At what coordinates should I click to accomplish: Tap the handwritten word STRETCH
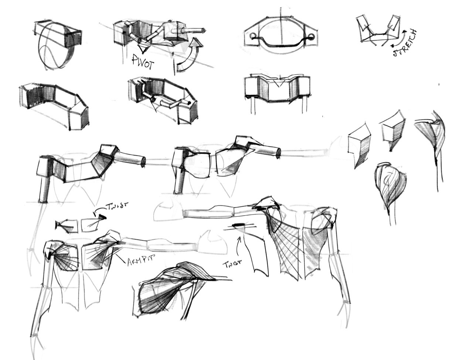point(405,43)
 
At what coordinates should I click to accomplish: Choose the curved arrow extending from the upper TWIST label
point(99,210)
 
